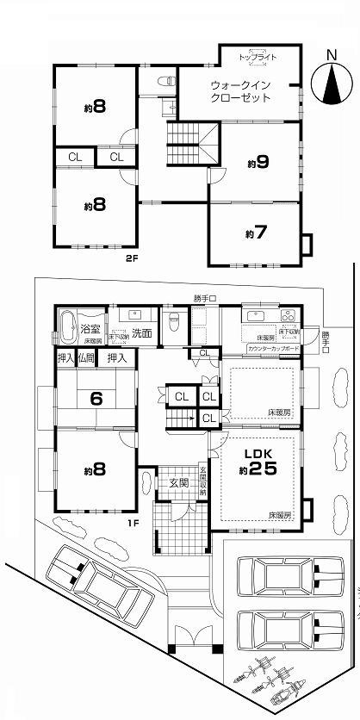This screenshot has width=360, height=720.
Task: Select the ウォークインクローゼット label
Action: (241, 91)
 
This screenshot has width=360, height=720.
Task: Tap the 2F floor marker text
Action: (132, 258)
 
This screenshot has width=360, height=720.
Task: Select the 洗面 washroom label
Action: (142, 332)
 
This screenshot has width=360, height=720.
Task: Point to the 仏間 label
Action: (86, 357)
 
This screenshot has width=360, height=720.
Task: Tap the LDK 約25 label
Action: (258, 462)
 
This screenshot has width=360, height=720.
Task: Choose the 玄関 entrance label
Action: (178, 483)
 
